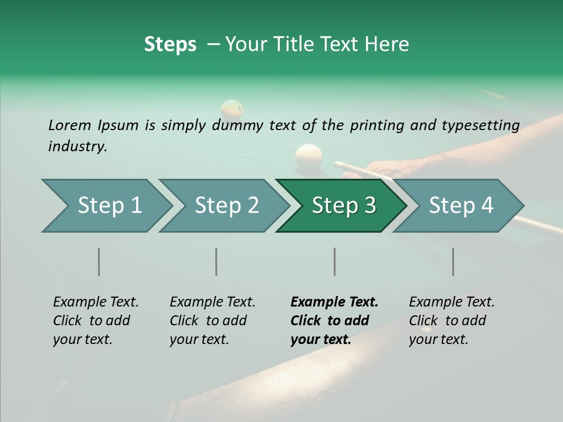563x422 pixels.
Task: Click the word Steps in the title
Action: point(170,45)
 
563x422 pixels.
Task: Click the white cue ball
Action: point(309,156)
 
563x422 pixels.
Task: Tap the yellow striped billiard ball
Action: point(232,109)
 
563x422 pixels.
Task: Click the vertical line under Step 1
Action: point(99,261)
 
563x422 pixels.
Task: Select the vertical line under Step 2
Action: point(216,261)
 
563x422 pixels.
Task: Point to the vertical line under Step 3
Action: point(334,261)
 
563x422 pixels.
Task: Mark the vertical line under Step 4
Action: point(453,261)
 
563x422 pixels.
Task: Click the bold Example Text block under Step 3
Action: point(334,321)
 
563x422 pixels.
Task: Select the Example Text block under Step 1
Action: point(96,321)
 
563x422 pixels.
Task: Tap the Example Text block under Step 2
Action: point(212,321)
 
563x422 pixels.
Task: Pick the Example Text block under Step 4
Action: point(451,321)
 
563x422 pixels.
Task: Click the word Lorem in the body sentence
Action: point(70,125)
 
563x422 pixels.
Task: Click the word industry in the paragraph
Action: point(77,147)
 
